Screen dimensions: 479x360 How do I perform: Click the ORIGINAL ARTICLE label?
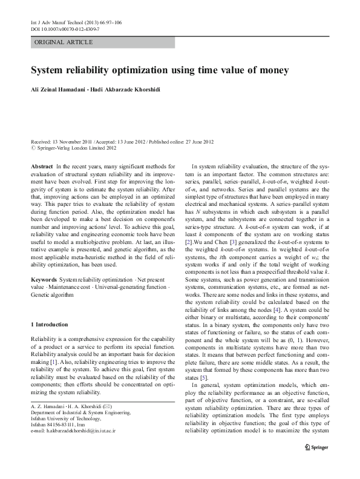coord(64,42)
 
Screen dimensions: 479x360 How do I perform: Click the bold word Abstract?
coord(41,165)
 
